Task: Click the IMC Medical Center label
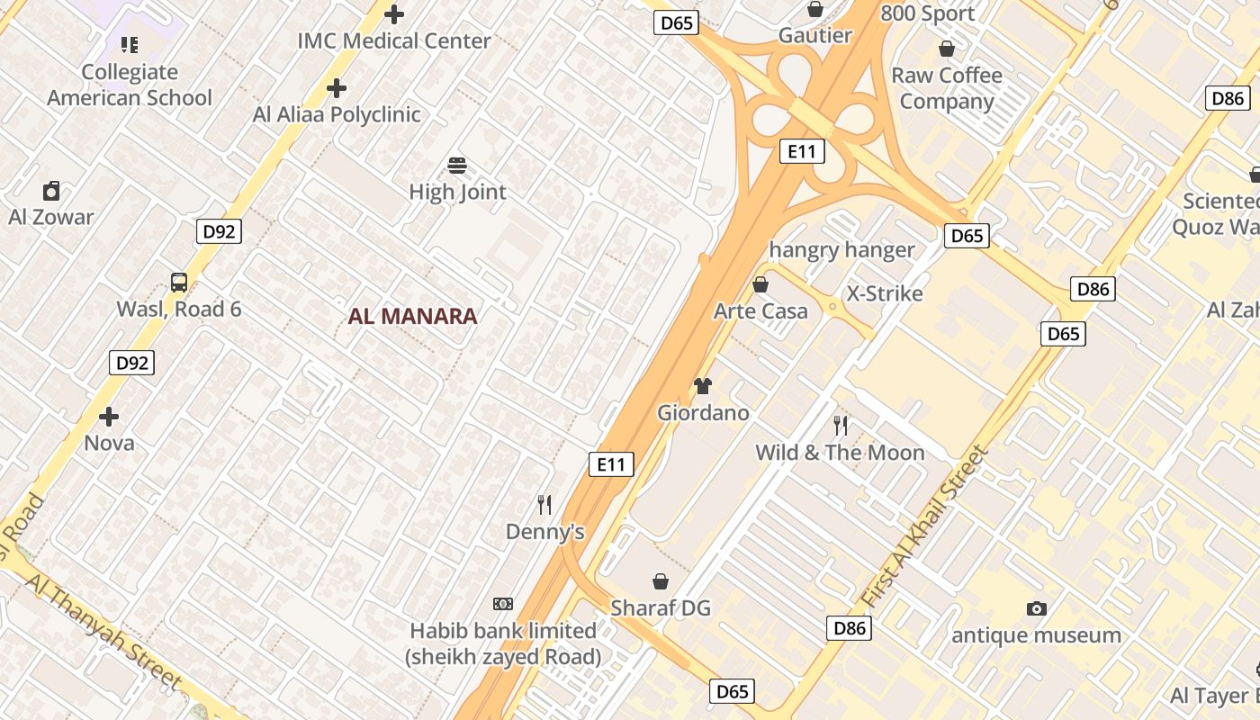pos(394,40)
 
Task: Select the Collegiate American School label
pos(130,85)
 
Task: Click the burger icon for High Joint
pos(457,166)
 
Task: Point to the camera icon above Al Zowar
pos(51,191)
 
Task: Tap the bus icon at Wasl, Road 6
pos(179,283)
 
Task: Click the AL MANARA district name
pos(412,316)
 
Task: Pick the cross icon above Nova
pos(109,417)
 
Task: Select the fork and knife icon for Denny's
pos(544,504)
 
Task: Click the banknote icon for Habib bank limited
pos(503,604)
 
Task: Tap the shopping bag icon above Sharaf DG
pos(661,581)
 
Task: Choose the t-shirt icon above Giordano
pos(703,386)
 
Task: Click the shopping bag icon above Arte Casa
pos(760,284)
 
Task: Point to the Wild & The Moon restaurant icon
pos(841,425)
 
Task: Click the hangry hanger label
pos(841,250)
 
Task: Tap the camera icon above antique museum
pos(1037,608)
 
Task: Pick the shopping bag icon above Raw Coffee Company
pos(947,49)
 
